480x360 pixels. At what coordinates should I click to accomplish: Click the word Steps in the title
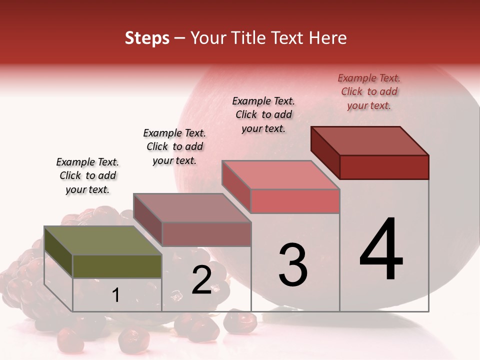(147, 38)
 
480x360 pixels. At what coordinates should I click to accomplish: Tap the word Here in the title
(327, 38)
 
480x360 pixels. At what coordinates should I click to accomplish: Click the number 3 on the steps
(293, 264)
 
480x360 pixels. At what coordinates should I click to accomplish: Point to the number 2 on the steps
(201, 280)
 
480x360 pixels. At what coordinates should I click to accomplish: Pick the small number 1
(116, 295)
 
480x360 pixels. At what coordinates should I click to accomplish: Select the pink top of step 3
(280, 175)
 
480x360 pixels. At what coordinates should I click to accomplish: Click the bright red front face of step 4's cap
(384, 167)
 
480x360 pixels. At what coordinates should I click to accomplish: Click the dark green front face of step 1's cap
(117, 266)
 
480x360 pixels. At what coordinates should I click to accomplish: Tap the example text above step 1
(87, 175)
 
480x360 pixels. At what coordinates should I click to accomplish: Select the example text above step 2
(174, 146)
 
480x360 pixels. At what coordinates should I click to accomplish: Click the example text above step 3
(263, 114)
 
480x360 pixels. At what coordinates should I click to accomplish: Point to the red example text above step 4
(369, 91)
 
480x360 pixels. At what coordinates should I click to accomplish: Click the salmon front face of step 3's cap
(295, 201)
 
